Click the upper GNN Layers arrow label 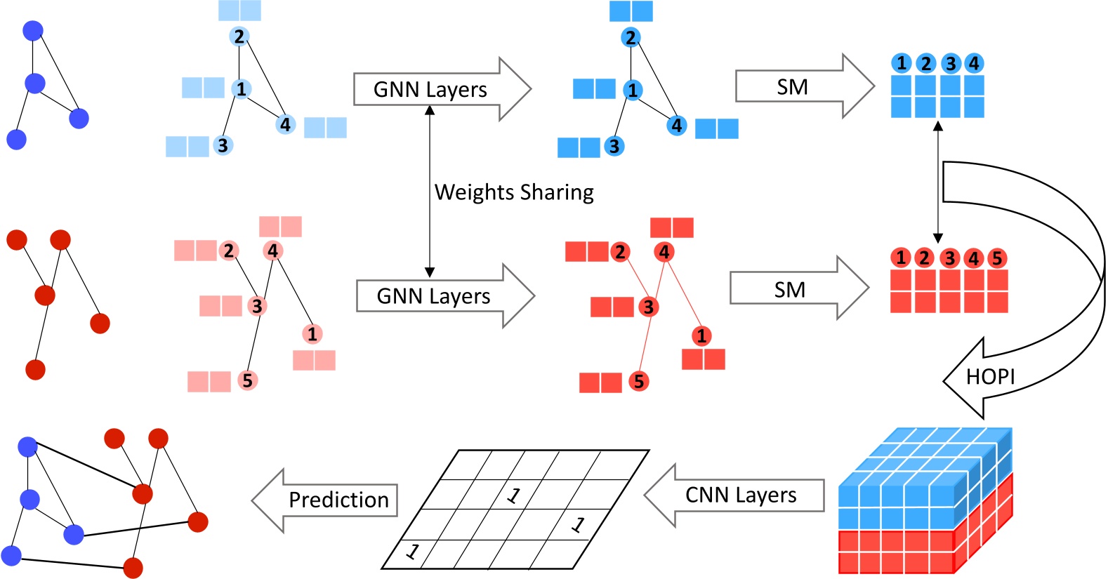[430, 90]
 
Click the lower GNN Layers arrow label [433, 296]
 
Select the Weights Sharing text [514, 192]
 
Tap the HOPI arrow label [990, 378]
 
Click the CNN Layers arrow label [741, 495]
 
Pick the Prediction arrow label [338, 500]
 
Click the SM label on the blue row [792, 87]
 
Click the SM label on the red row [789, 290]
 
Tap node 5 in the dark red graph [638, 382]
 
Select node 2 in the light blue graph [239, 36]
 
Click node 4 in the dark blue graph [676, 126]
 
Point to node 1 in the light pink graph [312, 334]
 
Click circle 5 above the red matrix [996, 258]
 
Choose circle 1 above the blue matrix [902, 63]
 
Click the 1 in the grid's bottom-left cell [413, 552]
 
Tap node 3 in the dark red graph [648, 307]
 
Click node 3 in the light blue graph [223, 145]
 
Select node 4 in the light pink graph [273, 251]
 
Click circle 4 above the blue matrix [974, 63]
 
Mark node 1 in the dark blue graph [633, 90]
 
